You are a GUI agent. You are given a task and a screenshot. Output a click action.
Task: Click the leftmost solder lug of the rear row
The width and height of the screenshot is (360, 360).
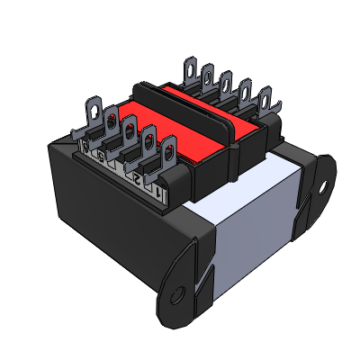191,68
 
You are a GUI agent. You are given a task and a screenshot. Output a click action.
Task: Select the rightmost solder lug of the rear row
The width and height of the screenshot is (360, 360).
265,99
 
